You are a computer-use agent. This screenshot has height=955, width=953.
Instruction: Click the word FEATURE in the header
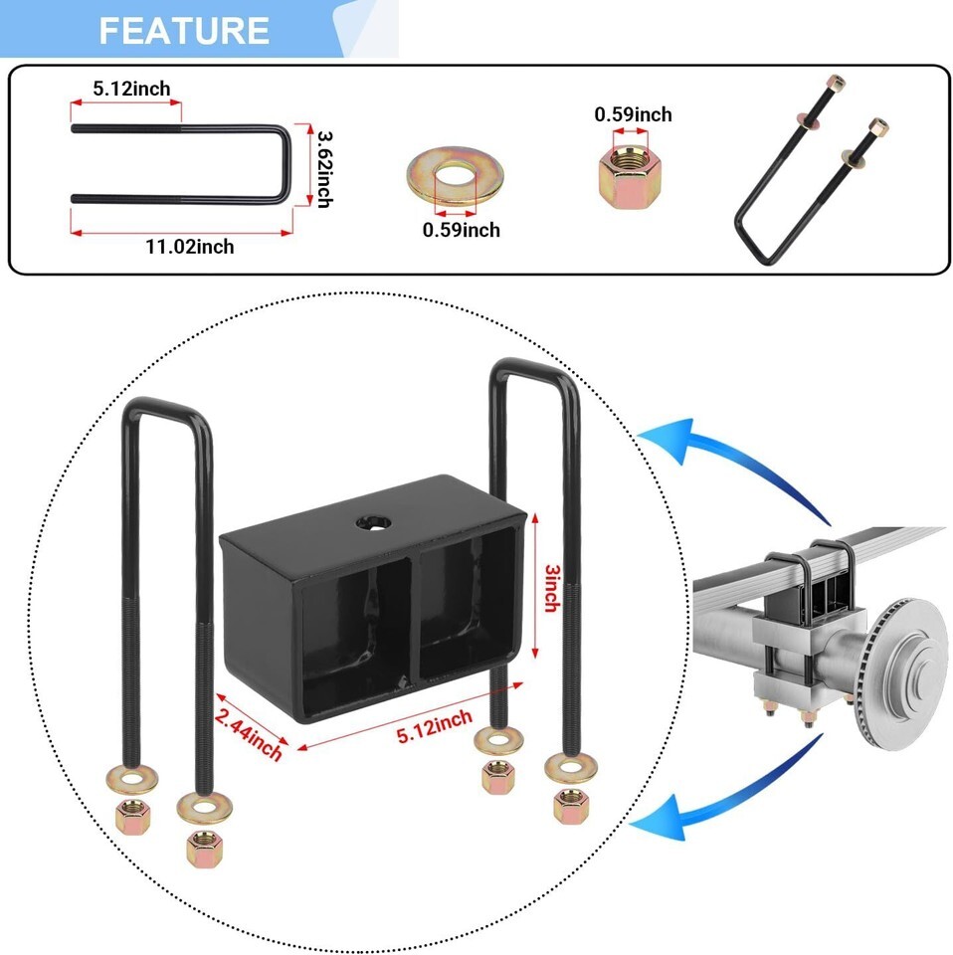(184, 30)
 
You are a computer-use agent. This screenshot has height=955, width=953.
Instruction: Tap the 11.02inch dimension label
(188, 246)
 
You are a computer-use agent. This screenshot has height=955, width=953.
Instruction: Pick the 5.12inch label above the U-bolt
(131, 89)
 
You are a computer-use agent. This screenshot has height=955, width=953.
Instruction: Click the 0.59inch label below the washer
(461, 230)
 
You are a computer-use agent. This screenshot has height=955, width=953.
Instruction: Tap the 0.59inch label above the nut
(633, 114)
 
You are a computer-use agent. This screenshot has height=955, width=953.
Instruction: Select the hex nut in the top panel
(627, 176)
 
